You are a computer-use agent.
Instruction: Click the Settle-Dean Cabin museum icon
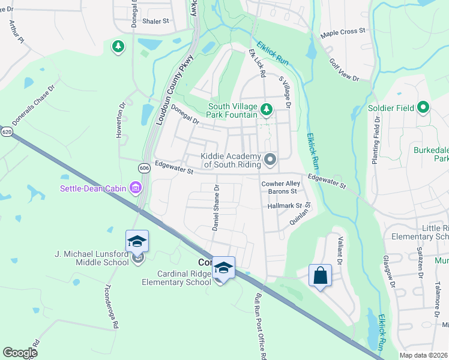[136, 189]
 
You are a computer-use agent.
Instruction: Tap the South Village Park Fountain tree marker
[268, 109]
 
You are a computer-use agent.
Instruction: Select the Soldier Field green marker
[424, 108]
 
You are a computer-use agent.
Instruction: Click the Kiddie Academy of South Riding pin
[270, 159]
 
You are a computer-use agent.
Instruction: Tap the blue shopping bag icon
[320, 276]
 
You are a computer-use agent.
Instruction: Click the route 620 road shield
[6, 131]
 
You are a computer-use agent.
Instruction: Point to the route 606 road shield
[143, 169]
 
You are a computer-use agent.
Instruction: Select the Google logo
[20, 353]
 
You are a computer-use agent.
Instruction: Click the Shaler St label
[155, 20]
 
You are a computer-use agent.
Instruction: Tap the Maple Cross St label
[343, 31]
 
